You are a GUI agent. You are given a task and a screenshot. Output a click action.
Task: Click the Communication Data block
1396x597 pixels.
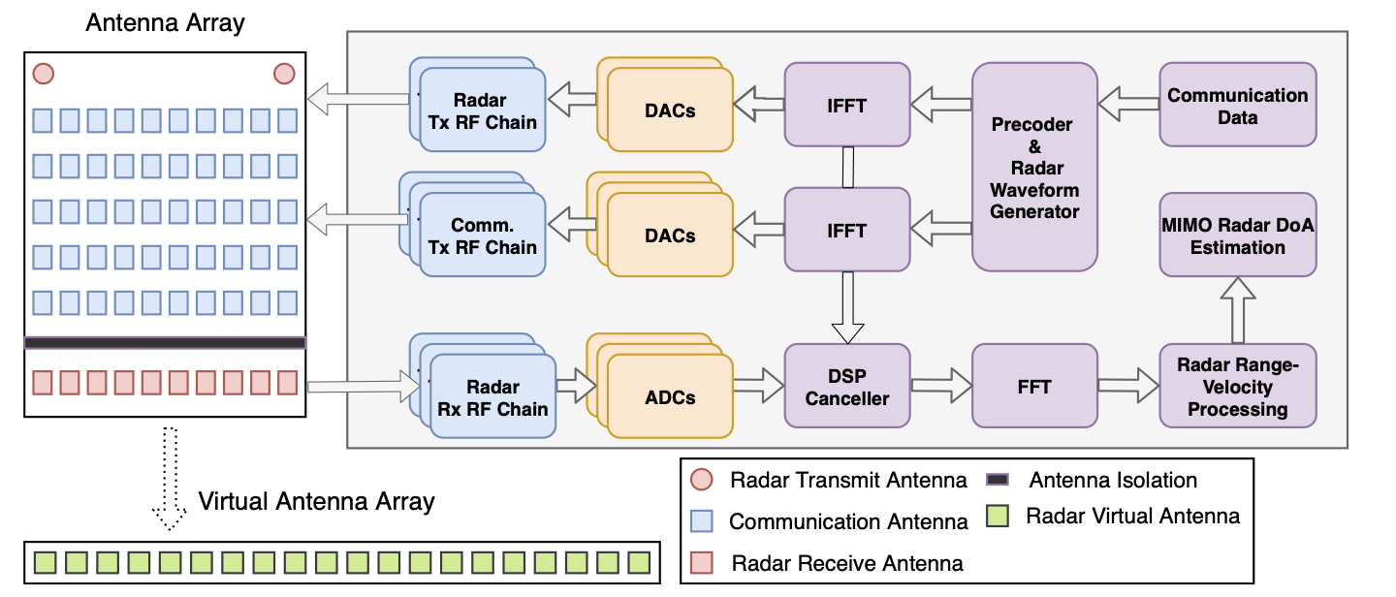(1237, 105)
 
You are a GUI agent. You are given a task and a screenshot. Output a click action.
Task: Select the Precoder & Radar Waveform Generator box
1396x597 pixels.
(1034, 167)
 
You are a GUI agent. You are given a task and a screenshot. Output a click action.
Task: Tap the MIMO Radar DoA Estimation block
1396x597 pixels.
(1237, 235)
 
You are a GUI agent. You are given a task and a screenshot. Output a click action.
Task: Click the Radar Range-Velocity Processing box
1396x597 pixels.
(1237, 386)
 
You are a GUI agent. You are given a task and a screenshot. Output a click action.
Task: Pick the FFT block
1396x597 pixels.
(1034, 386)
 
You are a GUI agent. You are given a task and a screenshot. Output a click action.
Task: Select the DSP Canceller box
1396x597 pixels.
(846, 386)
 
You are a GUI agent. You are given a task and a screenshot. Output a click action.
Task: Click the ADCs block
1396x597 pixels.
(669, 396)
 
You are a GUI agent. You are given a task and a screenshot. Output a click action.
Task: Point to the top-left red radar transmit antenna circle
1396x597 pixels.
(43, 74)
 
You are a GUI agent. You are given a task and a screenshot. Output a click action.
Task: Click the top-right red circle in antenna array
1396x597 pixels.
(284, 74)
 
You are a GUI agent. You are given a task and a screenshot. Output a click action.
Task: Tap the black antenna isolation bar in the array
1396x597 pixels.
(165, 343)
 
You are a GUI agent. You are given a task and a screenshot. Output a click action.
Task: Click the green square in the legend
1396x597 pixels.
(996, 516)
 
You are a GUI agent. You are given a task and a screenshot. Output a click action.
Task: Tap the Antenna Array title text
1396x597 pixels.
(165, 23)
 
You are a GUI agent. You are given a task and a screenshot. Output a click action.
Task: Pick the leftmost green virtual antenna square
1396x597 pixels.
(44, 561)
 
